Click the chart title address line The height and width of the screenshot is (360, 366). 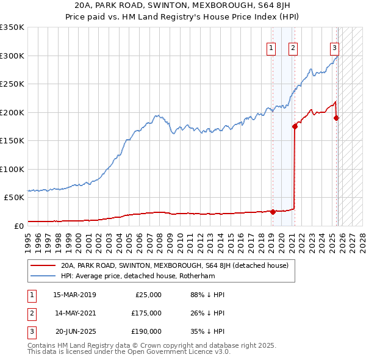[x=182, y=7]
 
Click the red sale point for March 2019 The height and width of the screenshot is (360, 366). [x=273, y=212]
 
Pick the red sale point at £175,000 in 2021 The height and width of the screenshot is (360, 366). [x=295, y=127]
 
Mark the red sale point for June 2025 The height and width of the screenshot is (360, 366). [x=336, y=118]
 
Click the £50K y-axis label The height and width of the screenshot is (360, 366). [x=14, y=198]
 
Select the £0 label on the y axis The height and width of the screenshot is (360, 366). [x=19, y=226]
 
